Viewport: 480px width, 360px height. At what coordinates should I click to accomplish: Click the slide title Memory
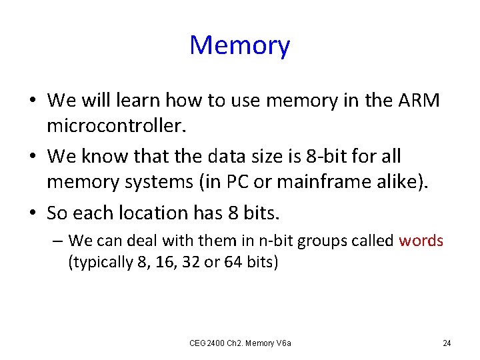240,46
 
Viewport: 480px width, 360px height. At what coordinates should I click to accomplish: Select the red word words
421,241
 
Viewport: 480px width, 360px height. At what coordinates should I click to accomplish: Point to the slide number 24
447,343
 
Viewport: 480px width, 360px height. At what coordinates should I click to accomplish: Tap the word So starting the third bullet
58,213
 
